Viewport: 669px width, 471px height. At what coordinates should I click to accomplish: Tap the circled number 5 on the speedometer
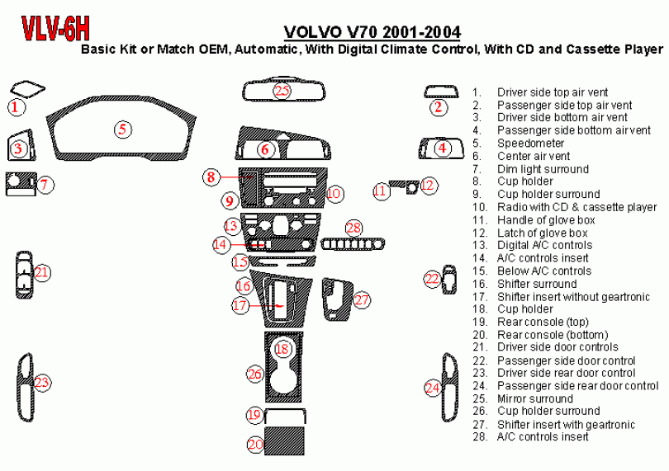tap(121, 129)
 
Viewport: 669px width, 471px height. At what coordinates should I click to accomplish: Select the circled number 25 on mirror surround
tap(283, 91)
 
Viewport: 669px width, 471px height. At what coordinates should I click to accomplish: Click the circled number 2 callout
tap(439, 106)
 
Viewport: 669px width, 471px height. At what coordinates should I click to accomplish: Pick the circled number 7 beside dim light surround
tap(45, 185)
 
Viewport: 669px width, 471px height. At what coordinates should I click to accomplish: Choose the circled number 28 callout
tap(353, 228)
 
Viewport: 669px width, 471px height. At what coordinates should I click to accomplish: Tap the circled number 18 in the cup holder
tap(282, 350)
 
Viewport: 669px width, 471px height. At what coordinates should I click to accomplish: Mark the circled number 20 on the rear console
tap(256, 444)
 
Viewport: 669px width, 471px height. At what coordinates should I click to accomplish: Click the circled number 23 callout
tap(41, 382)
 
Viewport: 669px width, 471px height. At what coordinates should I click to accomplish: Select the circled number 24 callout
tap(432, 387)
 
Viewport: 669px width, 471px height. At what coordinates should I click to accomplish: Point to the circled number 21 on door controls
tap(42, 272)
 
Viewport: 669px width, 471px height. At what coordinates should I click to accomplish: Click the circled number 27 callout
tap(362, 299)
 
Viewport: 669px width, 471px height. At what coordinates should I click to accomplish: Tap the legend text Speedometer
tap(530, 144)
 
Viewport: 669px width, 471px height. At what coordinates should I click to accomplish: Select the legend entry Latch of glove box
tap(541, 233)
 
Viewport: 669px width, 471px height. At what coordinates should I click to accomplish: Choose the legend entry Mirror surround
tap(534, 398)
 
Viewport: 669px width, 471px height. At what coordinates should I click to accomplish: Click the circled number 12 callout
tap(427, 186)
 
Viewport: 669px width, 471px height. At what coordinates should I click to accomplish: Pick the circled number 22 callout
tap(432, 280)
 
